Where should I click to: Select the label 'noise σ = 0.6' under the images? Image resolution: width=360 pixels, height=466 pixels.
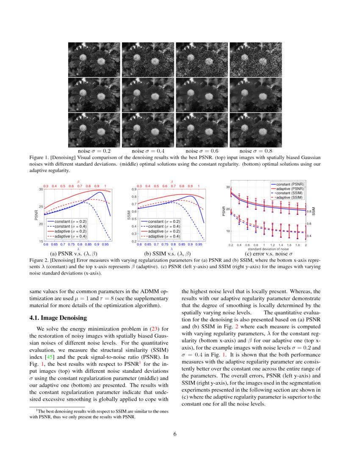tap(202, 151)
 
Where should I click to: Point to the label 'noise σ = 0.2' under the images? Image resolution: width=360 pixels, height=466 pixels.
tap(94, 151)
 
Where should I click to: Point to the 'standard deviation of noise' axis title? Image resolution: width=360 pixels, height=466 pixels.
tap(268, 249)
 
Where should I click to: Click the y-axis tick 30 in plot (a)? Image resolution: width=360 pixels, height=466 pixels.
tap(41, 189)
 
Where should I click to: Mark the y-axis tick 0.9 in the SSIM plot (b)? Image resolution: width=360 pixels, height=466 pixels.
tap(133, 189)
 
